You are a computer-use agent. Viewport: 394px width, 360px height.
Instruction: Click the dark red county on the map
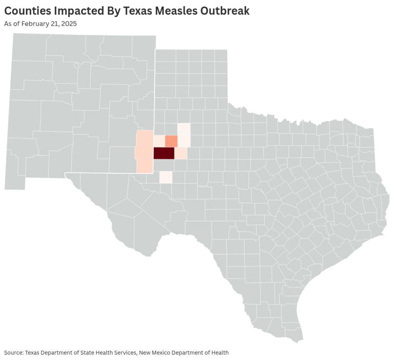[164, 153]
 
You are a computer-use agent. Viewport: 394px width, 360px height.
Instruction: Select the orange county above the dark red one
[171, 141]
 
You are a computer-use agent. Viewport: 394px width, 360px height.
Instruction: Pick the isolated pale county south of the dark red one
[166, 177]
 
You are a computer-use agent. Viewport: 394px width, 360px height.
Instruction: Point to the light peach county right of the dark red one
[181, 153]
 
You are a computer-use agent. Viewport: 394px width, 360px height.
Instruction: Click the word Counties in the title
[27, 11]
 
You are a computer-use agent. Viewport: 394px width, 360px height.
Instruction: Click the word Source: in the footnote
[13, 352]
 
